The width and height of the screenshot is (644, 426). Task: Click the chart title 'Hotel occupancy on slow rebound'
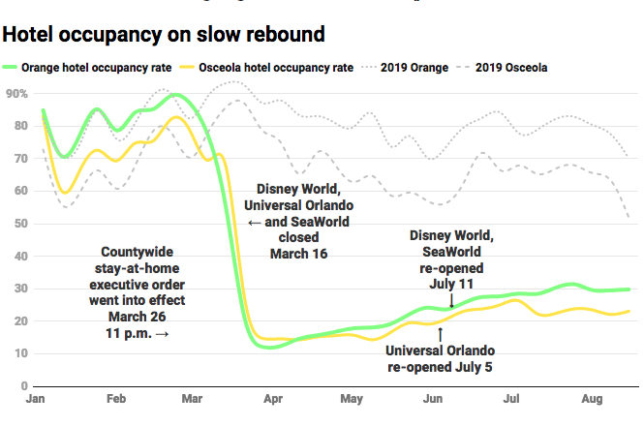click(x=164, y=34)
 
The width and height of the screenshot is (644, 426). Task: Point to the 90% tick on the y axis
click(x=16, y=93)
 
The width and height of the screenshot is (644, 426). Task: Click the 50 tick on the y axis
click(x=19, y=224)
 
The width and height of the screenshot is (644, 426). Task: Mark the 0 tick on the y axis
click(x=22, y=385)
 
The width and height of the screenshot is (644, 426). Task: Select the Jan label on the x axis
click(x=38, y=399)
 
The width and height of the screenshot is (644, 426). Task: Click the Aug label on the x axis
click(x=590, y=399)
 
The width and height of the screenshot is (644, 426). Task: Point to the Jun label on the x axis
click(x=434, y=399)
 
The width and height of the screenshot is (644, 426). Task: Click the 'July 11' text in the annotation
click(x=452, y=285)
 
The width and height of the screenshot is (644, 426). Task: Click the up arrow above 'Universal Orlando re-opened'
click(x=441, y=333)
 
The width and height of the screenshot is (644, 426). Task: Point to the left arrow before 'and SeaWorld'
click(x=253, y=223)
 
